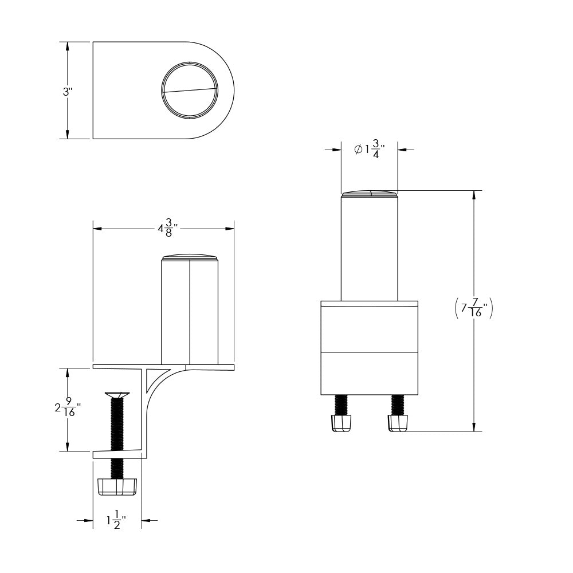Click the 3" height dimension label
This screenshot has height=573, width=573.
[x=67, y=91]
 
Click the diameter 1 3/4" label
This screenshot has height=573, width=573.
[x=369, y=150]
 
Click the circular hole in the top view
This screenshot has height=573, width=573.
[x=189, y=91]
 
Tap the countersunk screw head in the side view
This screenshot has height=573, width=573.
[x=117, y=394]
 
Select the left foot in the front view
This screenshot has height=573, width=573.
[x=340, y=423]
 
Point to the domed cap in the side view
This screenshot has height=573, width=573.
[x=190, y=257]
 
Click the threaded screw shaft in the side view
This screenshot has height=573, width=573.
[x=117, y=424]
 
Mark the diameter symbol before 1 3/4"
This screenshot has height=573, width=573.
[x=358, y=150]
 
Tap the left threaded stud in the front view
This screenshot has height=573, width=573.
[x=340, y=405]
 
